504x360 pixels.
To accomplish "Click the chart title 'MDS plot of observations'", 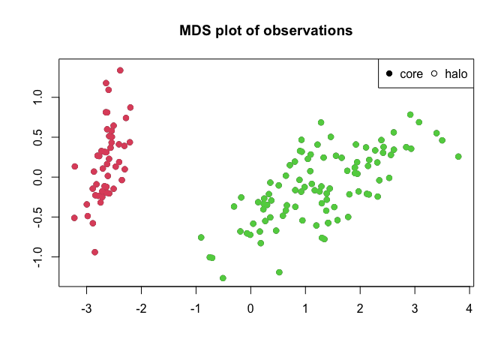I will click(x=265, y=31).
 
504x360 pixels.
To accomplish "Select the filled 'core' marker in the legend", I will click(x=389, y=73).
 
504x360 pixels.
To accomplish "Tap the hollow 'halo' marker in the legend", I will click(x=434, y=73).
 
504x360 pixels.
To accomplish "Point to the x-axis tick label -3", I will click(x=86, y=308).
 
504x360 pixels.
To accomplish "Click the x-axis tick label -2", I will click(x=141, y=308).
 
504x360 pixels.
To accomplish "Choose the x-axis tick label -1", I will click(x=195, y=308).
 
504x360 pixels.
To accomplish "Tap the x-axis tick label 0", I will click(x=250, y=308).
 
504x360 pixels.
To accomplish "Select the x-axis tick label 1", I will click(x=305, y=308).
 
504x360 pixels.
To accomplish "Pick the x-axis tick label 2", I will click(x=360, y=308).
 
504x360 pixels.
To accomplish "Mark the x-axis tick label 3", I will click(x=415, y=308).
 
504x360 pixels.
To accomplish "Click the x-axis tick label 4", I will click(x=469, y=308).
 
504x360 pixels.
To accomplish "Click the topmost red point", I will click(x=120, y=70).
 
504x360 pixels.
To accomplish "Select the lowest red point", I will click(x=94, y=252).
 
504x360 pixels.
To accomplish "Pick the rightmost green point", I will click(x=458, y=157).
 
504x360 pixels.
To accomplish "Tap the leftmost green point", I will click(x=201, y=238).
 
